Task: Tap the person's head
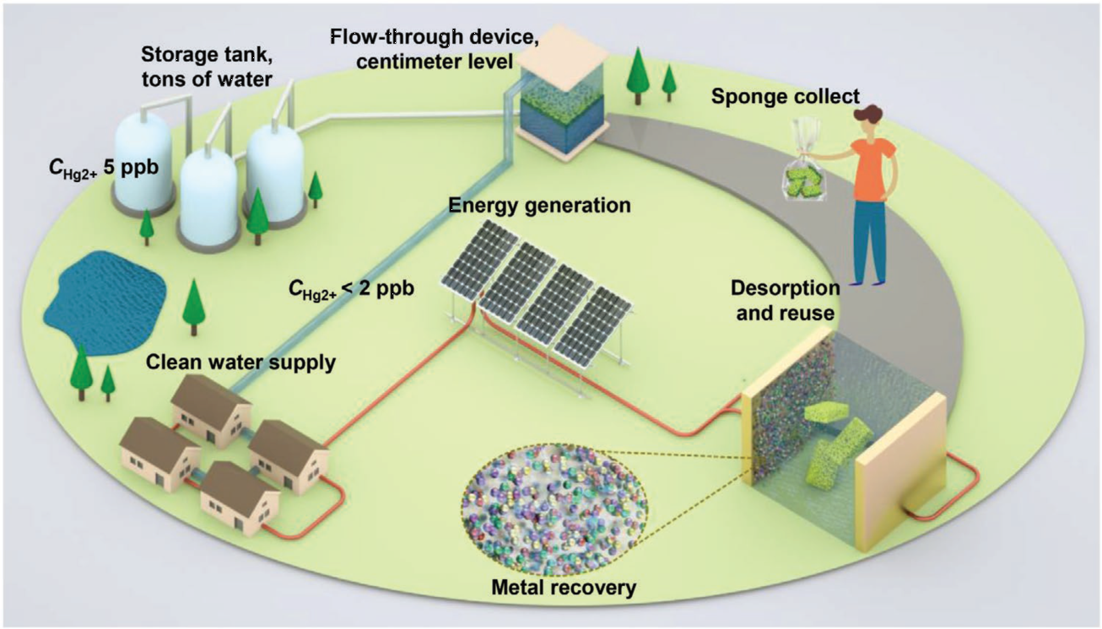pyautogui.click(x=869, y=119)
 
